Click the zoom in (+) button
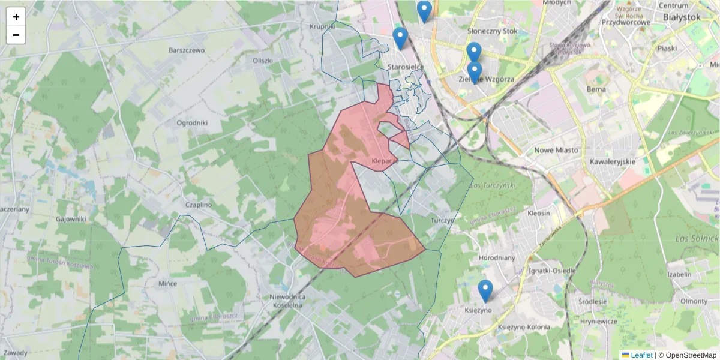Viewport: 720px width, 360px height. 16,17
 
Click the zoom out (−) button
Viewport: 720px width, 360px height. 16,35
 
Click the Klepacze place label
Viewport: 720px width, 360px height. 385,161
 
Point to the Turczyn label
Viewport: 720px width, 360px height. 443,220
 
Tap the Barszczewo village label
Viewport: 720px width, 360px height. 187,50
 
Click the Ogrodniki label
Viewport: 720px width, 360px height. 192,123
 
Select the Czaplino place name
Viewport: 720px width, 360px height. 199,205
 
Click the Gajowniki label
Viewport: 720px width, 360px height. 71,219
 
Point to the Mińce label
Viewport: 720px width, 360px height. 167,283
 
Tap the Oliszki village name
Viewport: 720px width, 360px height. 263,61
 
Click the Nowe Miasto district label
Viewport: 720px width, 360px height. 556,149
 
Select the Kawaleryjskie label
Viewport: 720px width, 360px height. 612,162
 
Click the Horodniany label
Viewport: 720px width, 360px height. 497,257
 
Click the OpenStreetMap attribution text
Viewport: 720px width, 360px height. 691,355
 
